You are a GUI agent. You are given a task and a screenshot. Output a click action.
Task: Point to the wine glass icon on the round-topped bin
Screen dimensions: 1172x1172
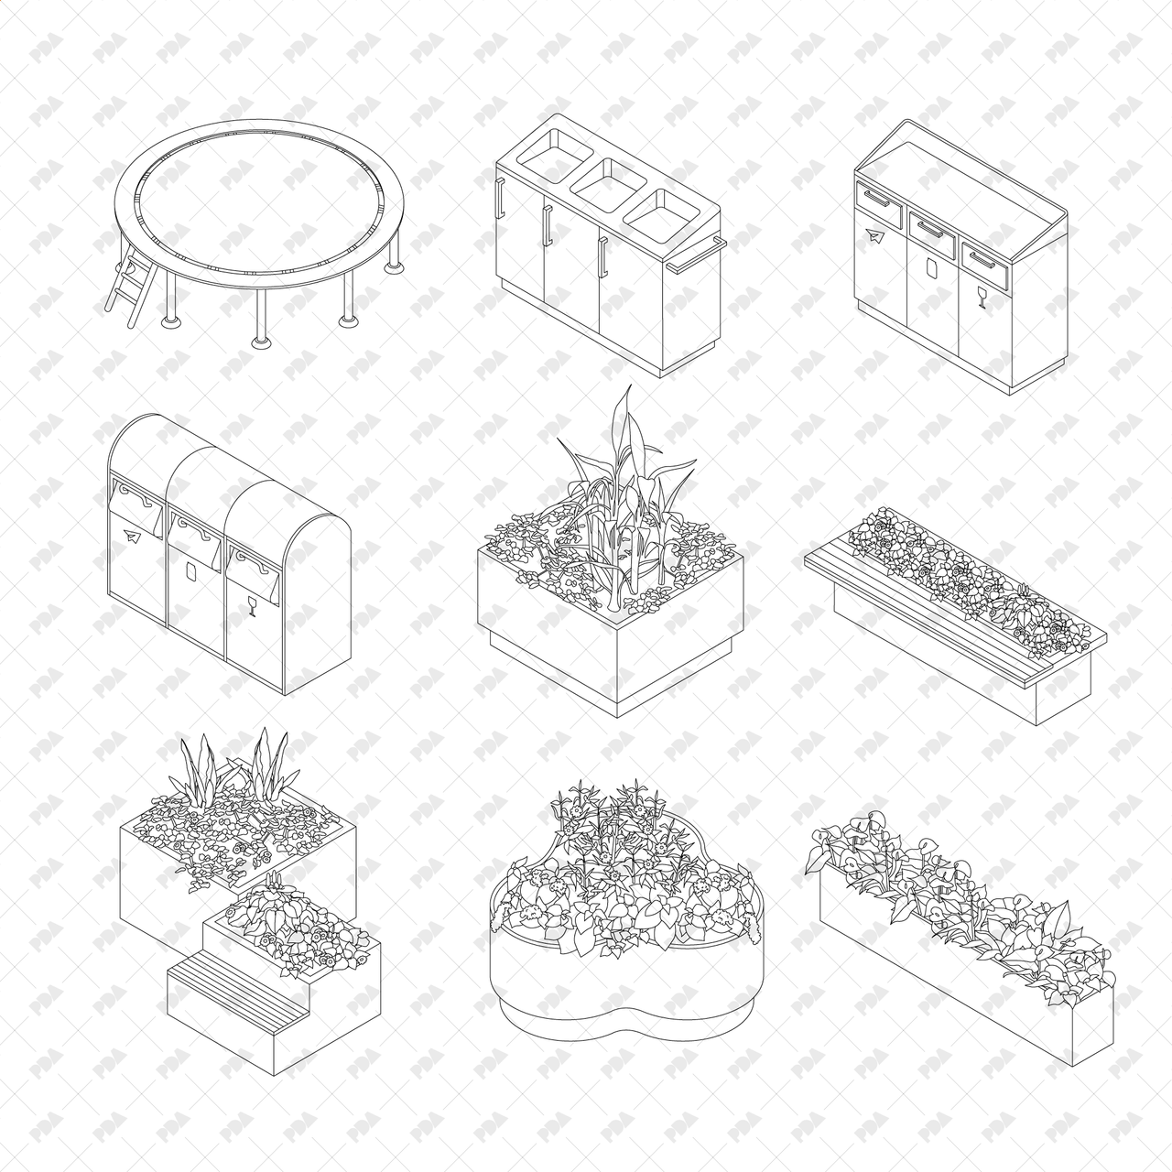point(251,603)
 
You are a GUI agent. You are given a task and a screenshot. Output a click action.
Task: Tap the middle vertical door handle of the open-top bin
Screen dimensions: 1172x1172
point(547,225)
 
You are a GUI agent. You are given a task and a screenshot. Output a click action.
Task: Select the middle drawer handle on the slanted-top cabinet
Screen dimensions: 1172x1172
point(930,228)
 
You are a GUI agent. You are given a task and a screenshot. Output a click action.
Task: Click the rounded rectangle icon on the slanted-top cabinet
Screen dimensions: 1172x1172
point(930,267)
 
